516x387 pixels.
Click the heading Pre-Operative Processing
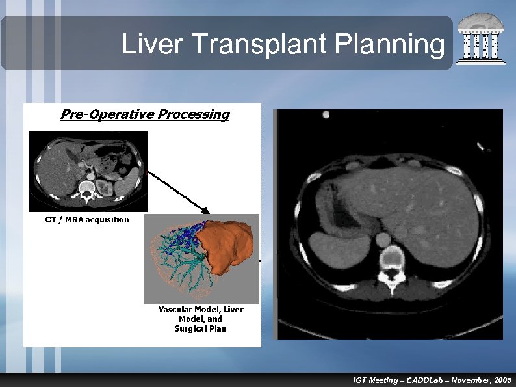[x=144, y=114]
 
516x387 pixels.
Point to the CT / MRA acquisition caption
[x=86, y=219]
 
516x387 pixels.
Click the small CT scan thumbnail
[x=88, y=170]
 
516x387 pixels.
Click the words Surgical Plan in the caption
[x=200, y=328]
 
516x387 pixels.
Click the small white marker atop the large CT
[x=326, y=114]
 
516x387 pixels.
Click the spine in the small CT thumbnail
[x=86, y=190]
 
